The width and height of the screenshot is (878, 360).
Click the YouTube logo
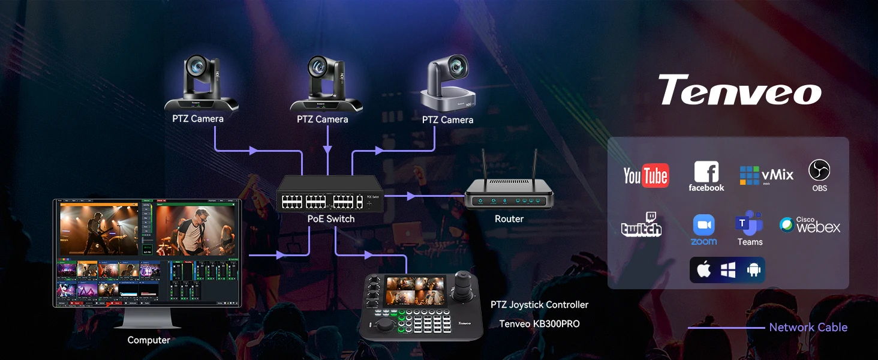[646, 176]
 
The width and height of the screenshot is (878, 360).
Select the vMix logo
[766, 175]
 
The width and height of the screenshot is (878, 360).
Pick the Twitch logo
[642, 225]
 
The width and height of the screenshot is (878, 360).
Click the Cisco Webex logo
[810, 225]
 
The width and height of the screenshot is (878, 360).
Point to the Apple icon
[704, 270]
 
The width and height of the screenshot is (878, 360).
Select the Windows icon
[728, 270]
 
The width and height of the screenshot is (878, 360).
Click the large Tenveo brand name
[739, 91]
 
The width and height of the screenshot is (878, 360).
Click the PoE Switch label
[331, 219]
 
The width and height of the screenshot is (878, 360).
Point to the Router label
[509, 219]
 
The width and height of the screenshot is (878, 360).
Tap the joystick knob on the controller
[464, 280]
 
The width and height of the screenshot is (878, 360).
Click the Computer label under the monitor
[149, 340]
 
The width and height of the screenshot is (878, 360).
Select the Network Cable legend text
[808, 328]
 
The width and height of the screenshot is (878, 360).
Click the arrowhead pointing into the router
[411, 196]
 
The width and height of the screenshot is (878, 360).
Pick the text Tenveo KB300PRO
[539, 324]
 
